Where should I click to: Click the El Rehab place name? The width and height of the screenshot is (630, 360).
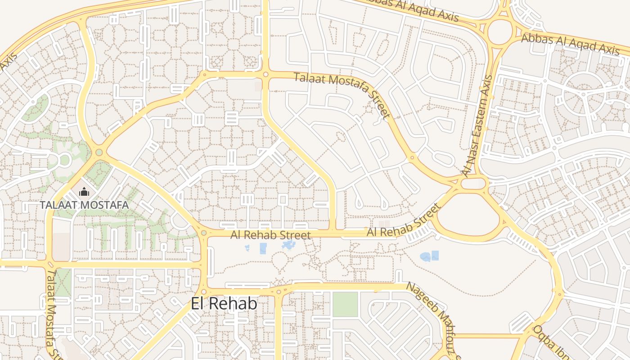pos(224,304)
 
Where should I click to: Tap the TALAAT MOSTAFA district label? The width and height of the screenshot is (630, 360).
pos(84,205)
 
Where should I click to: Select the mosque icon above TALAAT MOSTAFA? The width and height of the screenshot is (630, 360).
pos(84,193)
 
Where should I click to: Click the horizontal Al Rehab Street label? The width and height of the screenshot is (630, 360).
pos(270,235)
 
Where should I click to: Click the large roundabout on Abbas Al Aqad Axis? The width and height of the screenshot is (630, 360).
pos(499,32)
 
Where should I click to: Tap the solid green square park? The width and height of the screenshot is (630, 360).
pos(345,304)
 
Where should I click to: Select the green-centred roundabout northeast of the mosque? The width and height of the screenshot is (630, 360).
pos(99,152)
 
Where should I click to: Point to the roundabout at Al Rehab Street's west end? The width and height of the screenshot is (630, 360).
pos(204,233)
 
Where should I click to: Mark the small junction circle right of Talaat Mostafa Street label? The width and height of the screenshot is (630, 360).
pos(412,157)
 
